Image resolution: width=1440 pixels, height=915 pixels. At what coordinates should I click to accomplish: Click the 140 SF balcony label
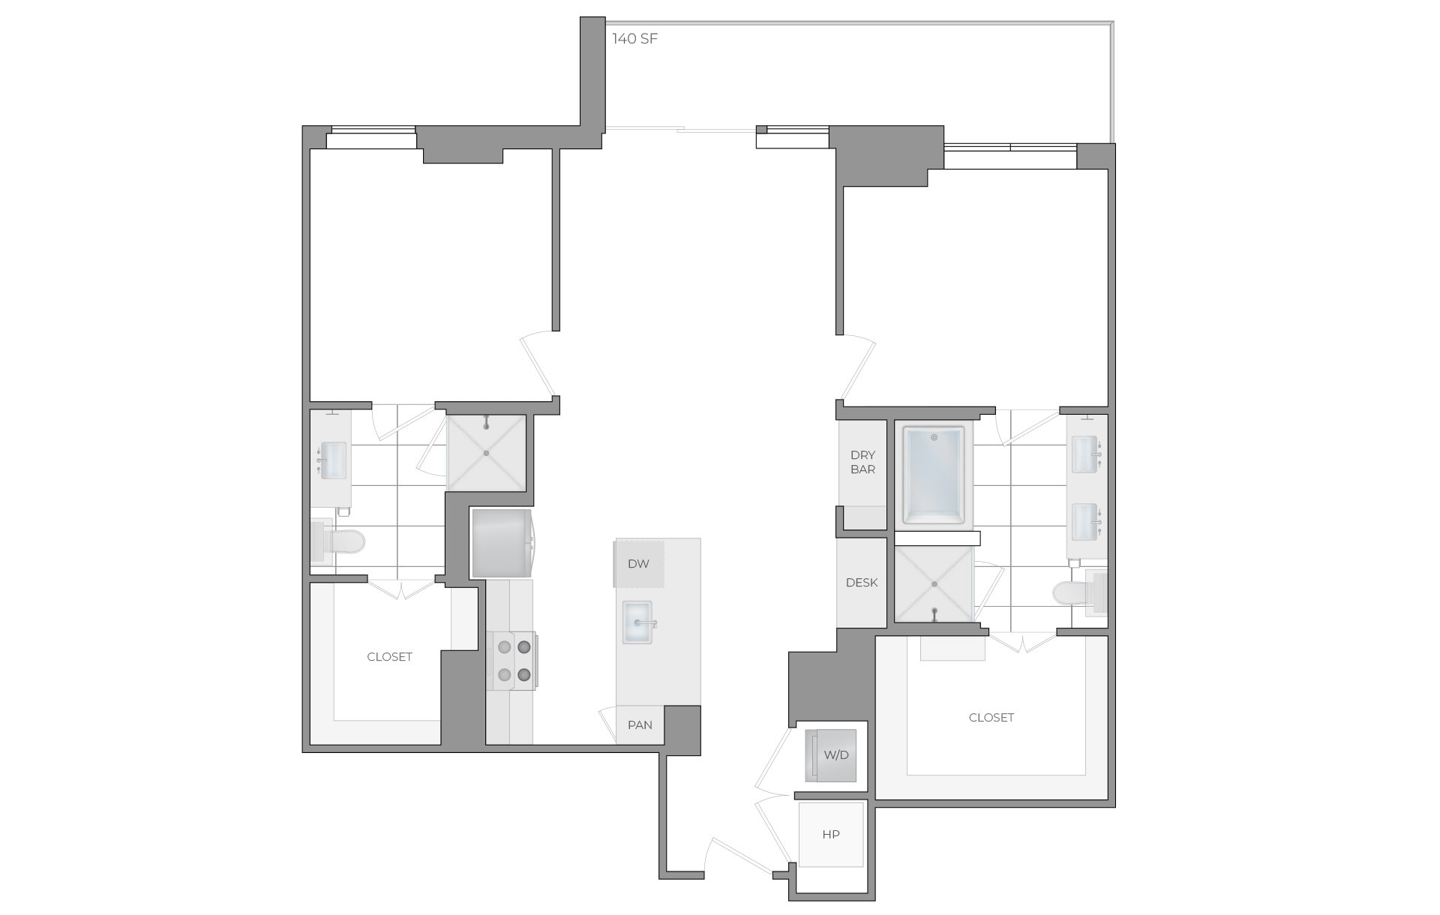point(634,39)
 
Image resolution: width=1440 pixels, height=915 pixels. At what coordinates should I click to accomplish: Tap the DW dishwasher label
point(638,564)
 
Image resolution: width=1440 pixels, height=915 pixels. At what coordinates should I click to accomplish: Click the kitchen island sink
point(637,622)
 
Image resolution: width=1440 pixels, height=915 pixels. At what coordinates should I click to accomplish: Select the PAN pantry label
point(640,725)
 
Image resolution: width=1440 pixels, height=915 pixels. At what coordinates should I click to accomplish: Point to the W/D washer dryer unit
point(831,755)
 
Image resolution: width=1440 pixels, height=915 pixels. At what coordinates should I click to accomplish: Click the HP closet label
point(830,835)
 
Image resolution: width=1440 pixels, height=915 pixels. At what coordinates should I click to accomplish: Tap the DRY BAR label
point(862,462)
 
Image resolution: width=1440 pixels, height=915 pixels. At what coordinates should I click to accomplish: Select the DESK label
point(862,583)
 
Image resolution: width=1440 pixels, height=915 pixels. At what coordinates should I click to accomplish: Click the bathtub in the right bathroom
point(934,475)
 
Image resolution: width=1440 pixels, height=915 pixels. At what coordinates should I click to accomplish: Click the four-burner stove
point(513,660)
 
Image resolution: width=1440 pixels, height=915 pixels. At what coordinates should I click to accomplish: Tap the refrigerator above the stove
point(501,544)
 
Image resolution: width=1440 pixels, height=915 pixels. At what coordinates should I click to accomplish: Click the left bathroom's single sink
point(333,460)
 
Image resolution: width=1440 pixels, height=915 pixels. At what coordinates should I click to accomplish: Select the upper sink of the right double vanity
point(1084,454)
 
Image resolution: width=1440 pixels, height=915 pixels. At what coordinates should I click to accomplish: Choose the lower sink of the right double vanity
point(1084,521)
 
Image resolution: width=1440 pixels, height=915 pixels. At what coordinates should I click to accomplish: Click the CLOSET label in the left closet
point(389,657)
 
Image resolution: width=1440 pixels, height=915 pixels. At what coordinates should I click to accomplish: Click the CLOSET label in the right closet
point(991,718)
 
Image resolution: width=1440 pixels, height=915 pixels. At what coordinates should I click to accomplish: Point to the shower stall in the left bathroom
point(486,453)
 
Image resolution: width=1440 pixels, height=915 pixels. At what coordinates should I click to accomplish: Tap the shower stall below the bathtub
point(934,584)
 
